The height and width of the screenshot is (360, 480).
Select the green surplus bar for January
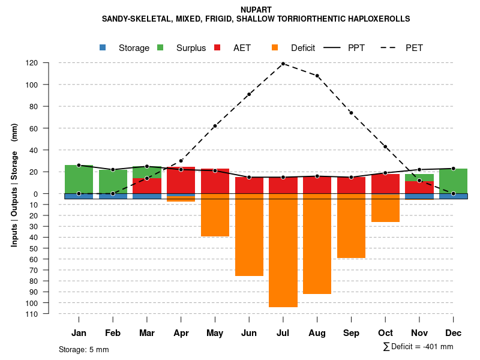tap(79, 179)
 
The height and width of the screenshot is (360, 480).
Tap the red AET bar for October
tap(385, 184)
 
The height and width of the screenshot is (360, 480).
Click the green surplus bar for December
tap(453, 181)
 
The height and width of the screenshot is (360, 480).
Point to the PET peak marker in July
tap(283, 64)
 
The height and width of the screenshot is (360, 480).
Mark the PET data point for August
tap(317, 76)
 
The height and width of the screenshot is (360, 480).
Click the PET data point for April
tap(181, 161)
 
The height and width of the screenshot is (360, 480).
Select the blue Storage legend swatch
tap(103, 48)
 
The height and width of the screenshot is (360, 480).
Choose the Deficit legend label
tap(302, 48)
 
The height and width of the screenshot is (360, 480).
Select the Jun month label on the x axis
tap(249, 333)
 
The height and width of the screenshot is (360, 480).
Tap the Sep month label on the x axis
tap(352, 333)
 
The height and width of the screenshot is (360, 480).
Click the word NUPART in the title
tap(256, 10)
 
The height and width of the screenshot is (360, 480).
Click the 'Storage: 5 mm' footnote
tap(84, 349)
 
